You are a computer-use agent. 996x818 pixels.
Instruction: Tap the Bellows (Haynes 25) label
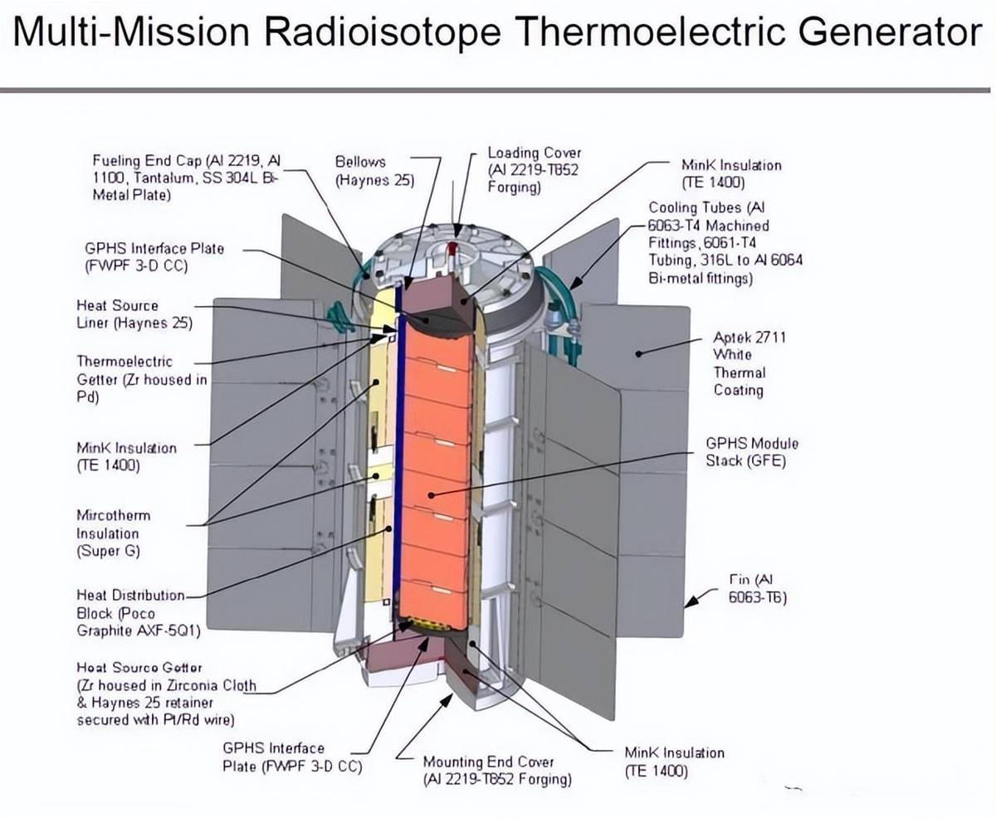[374, 170]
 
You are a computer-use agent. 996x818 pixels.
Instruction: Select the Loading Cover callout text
[535, 170]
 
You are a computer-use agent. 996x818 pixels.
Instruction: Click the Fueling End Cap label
[187, 178]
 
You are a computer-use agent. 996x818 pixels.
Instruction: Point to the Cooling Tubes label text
[725, 242]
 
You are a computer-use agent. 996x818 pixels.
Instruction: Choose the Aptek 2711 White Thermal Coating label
[749, 363]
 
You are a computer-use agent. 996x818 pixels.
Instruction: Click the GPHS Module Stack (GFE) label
[752, 451]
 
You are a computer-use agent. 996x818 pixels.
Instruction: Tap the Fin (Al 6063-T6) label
[758, 588]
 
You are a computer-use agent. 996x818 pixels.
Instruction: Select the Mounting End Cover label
[497, 771]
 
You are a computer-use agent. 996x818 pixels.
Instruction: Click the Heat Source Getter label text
[166, 694]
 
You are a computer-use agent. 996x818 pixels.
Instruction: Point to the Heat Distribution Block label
[139, 613]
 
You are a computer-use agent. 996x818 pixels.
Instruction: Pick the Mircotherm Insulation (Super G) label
[114, 533]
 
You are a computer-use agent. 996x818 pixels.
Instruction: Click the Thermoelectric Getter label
[142, 379]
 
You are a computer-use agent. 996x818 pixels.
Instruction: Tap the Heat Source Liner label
[134, 314]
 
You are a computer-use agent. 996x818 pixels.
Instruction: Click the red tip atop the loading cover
[453, 246]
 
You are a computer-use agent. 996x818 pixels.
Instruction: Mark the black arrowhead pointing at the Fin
[692, 601]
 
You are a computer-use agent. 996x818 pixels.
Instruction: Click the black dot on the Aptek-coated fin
[638, 353]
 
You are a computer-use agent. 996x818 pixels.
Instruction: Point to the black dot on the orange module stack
[431, 495]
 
